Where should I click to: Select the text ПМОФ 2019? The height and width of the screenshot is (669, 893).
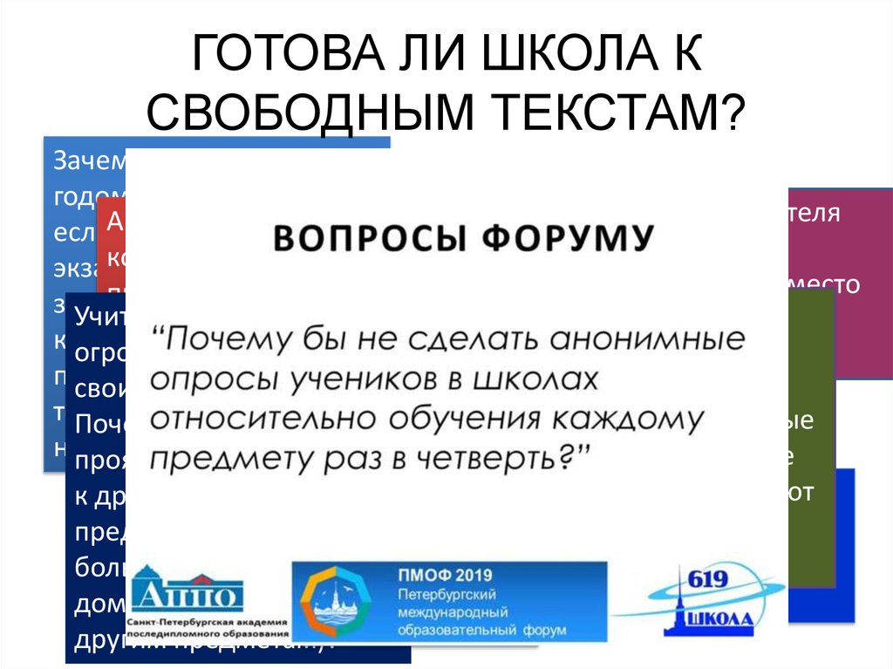tap(442, 577)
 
